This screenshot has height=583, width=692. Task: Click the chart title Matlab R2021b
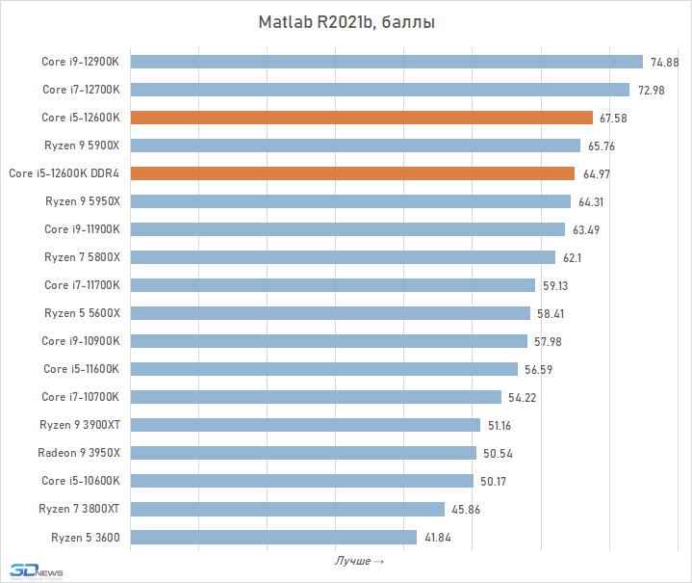click(346, 22)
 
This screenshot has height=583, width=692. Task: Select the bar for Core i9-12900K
click(385, 62)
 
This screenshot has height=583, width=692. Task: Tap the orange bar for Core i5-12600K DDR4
click(351, 173)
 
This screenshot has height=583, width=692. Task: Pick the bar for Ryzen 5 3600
click(272, 537)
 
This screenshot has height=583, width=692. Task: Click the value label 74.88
click(664, 63)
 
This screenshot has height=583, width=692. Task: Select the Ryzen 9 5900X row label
click(82, 146)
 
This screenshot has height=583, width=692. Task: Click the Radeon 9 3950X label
click(79, 453)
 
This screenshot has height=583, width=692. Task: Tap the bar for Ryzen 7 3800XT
click(287, 509)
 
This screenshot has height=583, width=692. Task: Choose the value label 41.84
click(438, 538)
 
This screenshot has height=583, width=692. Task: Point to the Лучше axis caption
click(360, 561)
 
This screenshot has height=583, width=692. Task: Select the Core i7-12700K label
click(81, 90)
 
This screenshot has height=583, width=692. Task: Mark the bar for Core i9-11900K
click(346, 229)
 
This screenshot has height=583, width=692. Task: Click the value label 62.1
click(574, 258)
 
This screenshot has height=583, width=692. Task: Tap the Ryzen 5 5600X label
click(82, 313)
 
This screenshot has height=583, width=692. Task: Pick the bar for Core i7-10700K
click(315, 397)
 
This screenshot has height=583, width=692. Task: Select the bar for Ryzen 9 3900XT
click(304, 425)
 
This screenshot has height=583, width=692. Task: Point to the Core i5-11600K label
click(81, 369)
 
